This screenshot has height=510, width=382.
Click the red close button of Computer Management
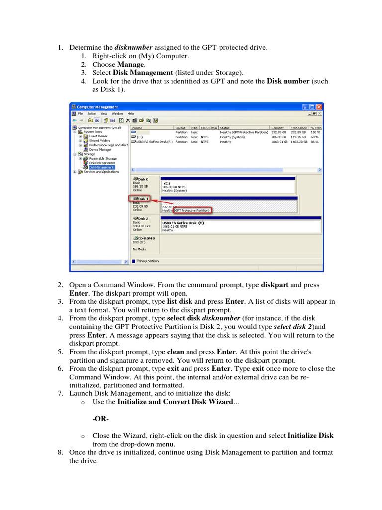[x=319, y=107]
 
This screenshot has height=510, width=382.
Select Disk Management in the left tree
[x=101, y=167]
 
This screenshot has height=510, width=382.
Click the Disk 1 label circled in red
[x=140, y=198]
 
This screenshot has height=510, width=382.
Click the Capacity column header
[x=278, y=127]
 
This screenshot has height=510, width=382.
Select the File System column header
[x=208, y=127]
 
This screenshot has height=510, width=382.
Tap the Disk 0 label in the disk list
[x=140, y=179]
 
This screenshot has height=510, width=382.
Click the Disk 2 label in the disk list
[x=140, y=218]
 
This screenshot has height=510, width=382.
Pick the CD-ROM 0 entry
[x=144, y=238]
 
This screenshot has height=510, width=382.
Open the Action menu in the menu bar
[x=92, y=113]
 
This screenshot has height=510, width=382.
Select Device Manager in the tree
[x=100, y=149]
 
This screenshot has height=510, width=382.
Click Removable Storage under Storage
[x=103, y=158]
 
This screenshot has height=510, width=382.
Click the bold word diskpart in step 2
[x=275, y=285]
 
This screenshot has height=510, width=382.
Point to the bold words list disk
[x=180, y=301]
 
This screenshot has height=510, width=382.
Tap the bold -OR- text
[x=101, y=418]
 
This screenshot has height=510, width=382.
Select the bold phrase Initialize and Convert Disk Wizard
[x=175, y=402]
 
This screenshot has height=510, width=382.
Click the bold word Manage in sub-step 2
[x=131, y=64]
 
